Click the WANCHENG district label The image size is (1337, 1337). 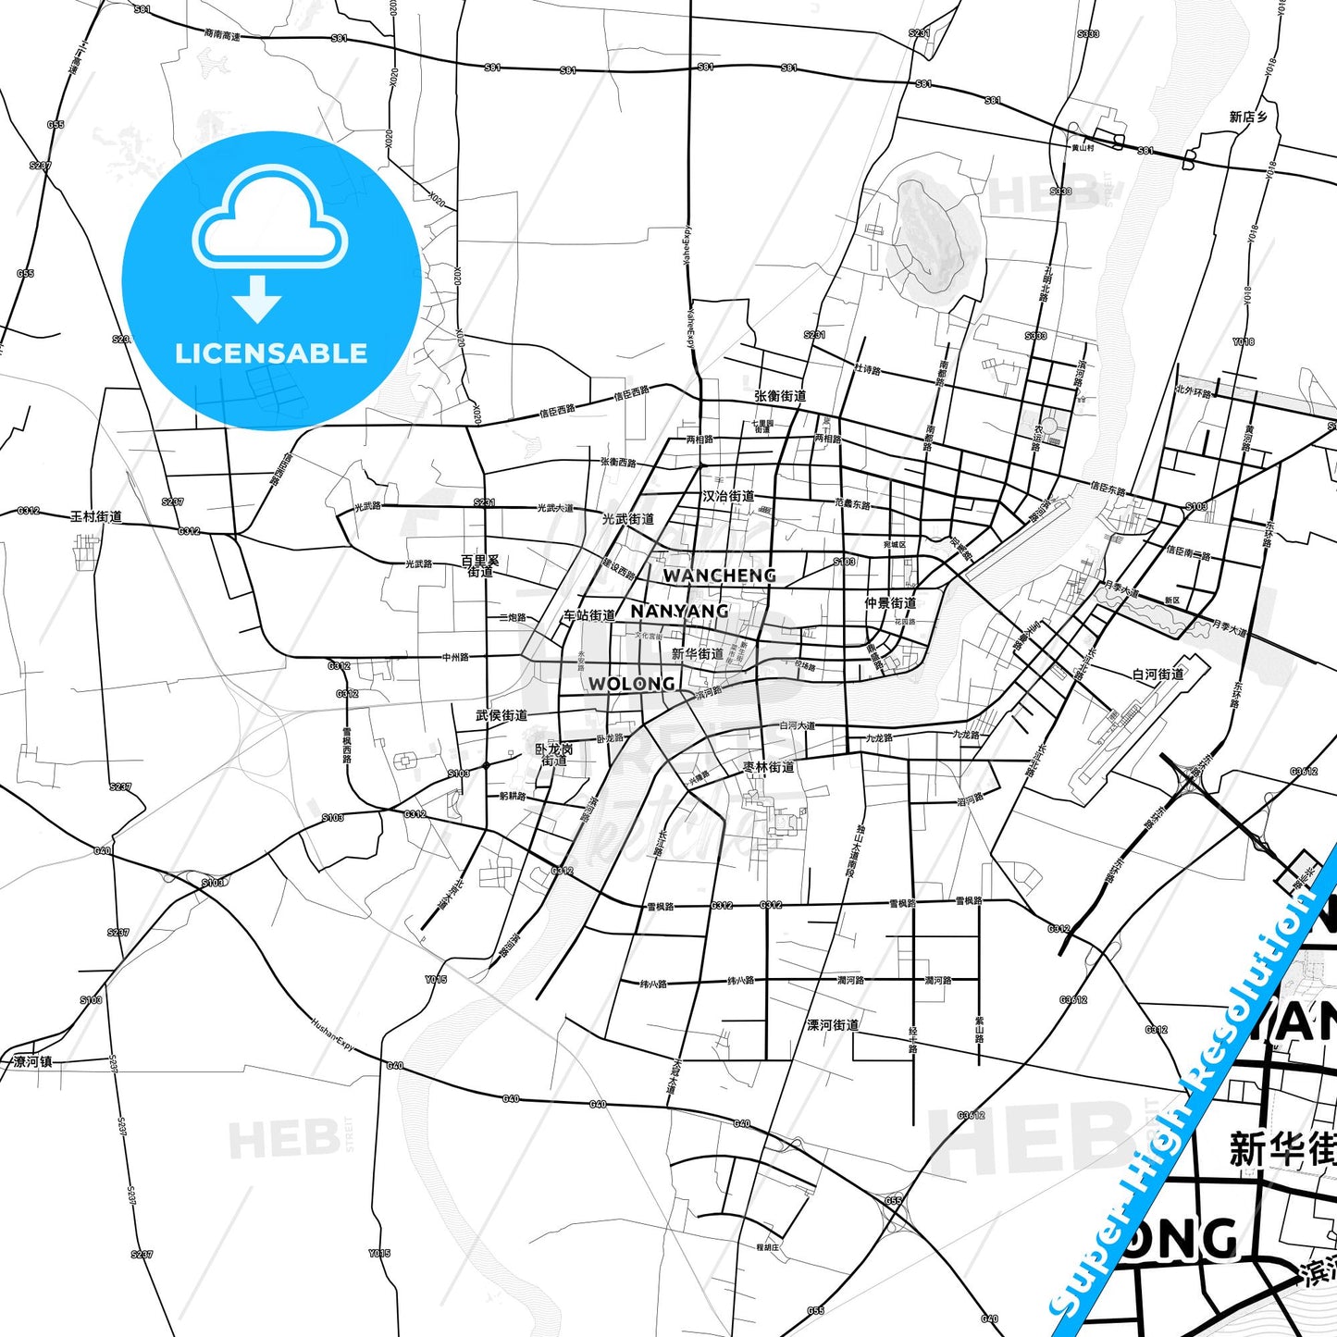tap(719, 576)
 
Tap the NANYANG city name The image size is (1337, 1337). tap(679, 612)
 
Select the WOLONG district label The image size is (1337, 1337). tap(631, 684)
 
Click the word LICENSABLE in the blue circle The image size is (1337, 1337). tap(271, 353)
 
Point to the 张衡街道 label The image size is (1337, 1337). tap(780, 396)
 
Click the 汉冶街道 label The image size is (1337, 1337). tap(728, 497)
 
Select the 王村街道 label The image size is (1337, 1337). tap(96, 516)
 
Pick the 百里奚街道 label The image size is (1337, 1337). tap(480, 565)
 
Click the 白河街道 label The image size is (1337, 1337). tap(1158, 675)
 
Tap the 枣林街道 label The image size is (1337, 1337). tap(769, 767)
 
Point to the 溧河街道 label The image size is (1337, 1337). tap(833, 1025)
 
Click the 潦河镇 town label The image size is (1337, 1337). tap(33, 1061)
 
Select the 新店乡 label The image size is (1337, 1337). tap(1248, 117)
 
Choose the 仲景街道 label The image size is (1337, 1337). tap(890, 603)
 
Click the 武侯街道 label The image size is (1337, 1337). tap(501, 715)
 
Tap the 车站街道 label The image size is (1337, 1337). tap(589, 615)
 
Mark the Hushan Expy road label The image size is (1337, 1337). tap(332, 1034)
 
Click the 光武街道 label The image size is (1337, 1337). tap(628, 519)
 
